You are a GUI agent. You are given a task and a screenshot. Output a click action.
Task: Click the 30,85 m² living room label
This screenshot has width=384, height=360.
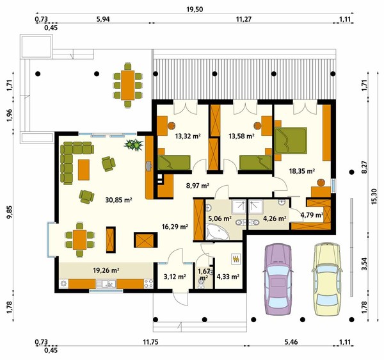119,200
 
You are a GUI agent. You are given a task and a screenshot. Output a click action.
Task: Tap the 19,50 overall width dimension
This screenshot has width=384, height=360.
195,10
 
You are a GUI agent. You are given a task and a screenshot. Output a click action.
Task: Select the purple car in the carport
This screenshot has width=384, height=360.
278,279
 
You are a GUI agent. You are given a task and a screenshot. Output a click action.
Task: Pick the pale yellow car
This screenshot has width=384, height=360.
327,279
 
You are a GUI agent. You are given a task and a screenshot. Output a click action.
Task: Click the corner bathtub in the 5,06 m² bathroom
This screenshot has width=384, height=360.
217,232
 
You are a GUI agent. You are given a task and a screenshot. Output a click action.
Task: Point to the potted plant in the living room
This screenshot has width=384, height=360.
134,145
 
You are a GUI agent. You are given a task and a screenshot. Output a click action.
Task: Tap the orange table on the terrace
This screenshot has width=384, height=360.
128,85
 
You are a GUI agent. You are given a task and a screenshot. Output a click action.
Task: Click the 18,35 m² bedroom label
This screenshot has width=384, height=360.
302,171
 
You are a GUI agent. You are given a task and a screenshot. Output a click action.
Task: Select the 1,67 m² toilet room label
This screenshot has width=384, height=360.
204,274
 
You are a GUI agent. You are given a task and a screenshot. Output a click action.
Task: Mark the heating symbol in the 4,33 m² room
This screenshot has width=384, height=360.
236,259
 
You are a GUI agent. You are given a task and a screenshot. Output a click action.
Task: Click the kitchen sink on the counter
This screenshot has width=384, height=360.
106,284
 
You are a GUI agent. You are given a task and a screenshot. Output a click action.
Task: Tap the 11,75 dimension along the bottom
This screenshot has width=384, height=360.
150,342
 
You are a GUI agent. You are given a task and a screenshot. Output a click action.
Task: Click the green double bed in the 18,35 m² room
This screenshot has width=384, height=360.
291,140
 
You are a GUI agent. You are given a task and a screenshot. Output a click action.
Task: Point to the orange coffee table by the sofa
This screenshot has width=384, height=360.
84,170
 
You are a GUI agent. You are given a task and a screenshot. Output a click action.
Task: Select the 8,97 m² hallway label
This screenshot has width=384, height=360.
198,186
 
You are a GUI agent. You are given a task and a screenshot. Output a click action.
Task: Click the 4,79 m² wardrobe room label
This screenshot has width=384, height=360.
312,215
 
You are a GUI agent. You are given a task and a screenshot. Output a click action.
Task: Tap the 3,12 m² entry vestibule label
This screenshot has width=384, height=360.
175,277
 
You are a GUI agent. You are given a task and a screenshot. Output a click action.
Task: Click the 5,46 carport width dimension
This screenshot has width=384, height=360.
291,342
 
